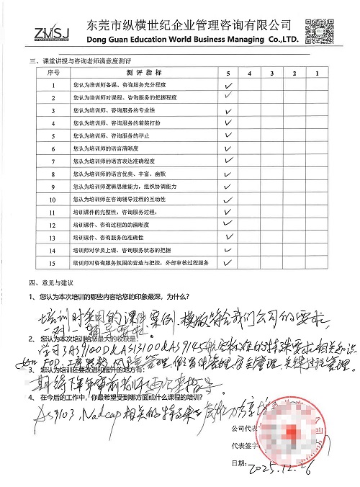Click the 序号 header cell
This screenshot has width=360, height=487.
click(x=52, y=73)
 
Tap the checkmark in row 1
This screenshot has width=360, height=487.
click(x=228, y=84)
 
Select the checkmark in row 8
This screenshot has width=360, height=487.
click(x=228, y=174)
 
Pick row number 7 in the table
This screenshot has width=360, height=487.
click(x=53, y=161)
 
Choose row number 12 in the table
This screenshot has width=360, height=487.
click(x=53, y=225)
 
